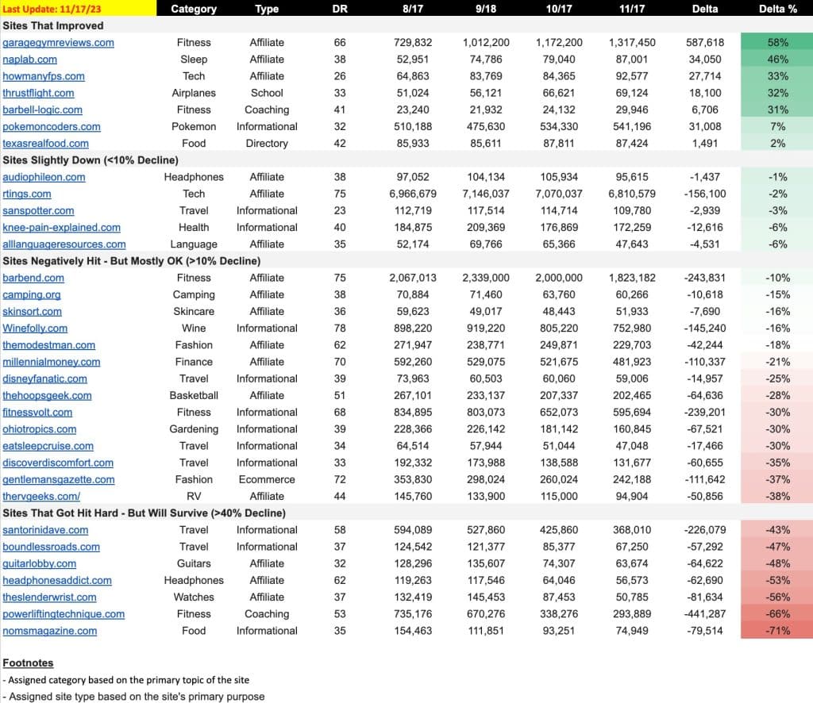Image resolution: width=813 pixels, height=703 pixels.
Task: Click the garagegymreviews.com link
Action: (58, 43)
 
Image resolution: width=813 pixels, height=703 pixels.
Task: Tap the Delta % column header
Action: (778, 9)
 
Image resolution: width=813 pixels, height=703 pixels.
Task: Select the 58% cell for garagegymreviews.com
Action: (777, 43)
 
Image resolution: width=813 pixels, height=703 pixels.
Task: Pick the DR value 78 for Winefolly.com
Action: (340, 328)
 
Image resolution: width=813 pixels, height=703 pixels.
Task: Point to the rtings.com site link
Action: (27, 194)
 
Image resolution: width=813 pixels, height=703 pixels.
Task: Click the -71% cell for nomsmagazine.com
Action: (777, 631)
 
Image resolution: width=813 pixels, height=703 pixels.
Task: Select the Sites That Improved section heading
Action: (53, 26)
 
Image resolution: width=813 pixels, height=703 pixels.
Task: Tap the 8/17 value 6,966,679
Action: (413, 194)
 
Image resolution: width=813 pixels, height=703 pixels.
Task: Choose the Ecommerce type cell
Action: (267, 480)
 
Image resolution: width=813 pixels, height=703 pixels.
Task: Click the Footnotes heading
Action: (28, 663)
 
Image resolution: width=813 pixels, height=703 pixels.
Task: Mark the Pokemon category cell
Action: (194, 126)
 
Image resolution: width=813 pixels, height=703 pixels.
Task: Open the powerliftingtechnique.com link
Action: (64, 614)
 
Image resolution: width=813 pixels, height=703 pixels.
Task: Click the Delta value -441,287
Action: (705, 614)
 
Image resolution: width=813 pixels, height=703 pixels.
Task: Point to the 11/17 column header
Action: (631, 9)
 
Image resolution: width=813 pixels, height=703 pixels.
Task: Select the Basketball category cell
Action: (194, 395)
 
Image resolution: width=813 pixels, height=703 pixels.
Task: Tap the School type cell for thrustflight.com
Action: (267, 93)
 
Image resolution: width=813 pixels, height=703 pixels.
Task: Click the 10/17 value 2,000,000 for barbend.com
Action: (558, 278)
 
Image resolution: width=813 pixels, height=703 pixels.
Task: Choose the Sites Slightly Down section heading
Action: (91, 160)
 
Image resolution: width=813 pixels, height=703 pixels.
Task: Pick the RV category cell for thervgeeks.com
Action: (194, 496)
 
